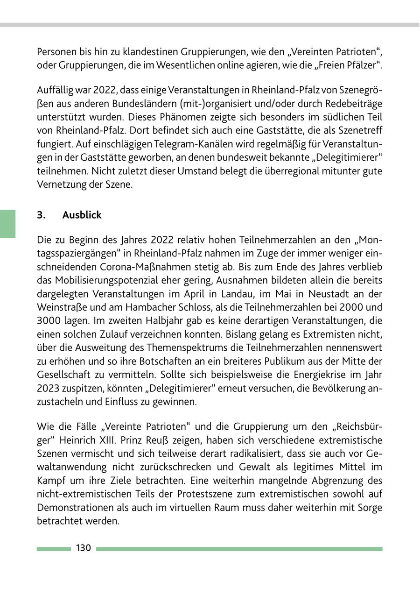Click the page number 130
click(83, 548)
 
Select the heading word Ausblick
click(82, 215)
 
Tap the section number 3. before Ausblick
click(41, 215)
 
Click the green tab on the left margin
click(7, 224)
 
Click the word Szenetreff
click(358, 131)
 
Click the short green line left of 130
click(53, 549)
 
